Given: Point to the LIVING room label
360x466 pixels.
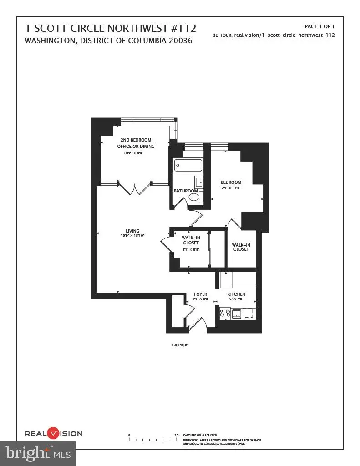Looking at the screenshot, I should pyautogui.click(x=132, y=231).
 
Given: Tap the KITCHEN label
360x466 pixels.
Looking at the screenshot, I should pyautogui.click(x=236, y=294).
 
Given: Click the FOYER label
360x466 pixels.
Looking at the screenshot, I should pyautogui.click(x=201, y=294).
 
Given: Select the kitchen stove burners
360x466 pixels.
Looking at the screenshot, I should pyautogui.click(x=224, y=313).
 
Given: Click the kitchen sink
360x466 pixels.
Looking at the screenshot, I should pyautogui.click(x=236, y=313).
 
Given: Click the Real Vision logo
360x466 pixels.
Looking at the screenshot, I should pyautogui.click(x=53, y=433).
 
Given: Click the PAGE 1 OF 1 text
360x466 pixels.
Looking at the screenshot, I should pyautogui.click(x=319, y=26).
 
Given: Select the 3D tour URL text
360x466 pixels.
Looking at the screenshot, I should pyautogui.click(x=274, y=35).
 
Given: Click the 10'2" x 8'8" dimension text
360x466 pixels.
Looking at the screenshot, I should pyautogui.click(x=133, y=153).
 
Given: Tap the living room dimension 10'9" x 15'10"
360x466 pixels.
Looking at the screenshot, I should pyautogui.click(x=132, y=236).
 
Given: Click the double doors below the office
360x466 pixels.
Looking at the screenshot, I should pyautogui.click(x=135, y=187).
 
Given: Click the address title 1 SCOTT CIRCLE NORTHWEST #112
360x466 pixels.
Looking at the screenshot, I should pyautogui.click(x=111, y=29).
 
